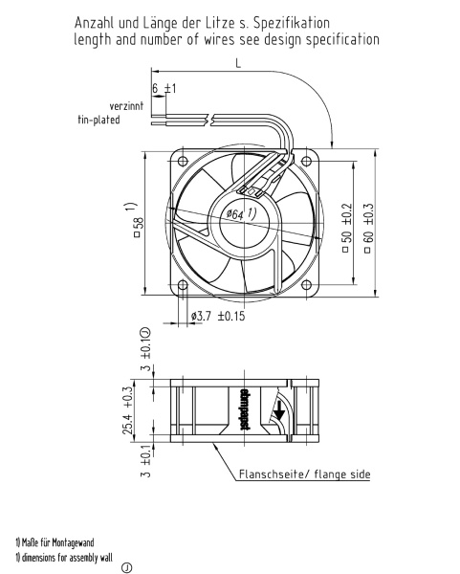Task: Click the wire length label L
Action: point(238,64)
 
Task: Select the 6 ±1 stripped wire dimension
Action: point(164,88)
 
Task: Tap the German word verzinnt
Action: point(126,106)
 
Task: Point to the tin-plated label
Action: point(99,120)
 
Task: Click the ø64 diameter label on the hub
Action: point(241,213)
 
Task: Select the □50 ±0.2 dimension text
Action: point(347,228)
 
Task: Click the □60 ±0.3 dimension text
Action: point(368,228)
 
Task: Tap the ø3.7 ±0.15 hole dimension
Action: point(218,316)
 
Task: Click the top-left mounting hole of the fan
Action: point(183,161)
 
